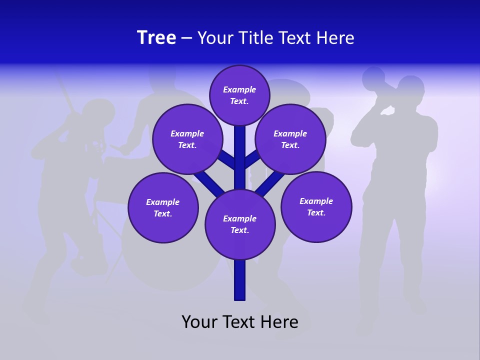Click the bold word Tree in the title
click(x=156, y=38)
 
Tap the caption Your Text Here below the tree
click(x=239, y=322)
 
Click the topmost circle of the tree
click(x=239, y=95)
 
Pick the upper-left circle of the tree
click(x=187, y=139)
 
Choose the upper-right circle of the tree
click(x=290, y=139)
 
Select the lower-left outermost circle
click(x=163, y=207)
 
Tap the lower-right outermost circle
click(x=316, y=206)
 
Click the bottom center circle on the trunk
click(x=240, y=224)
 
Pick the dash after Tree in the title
click(x=186, y=38)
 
